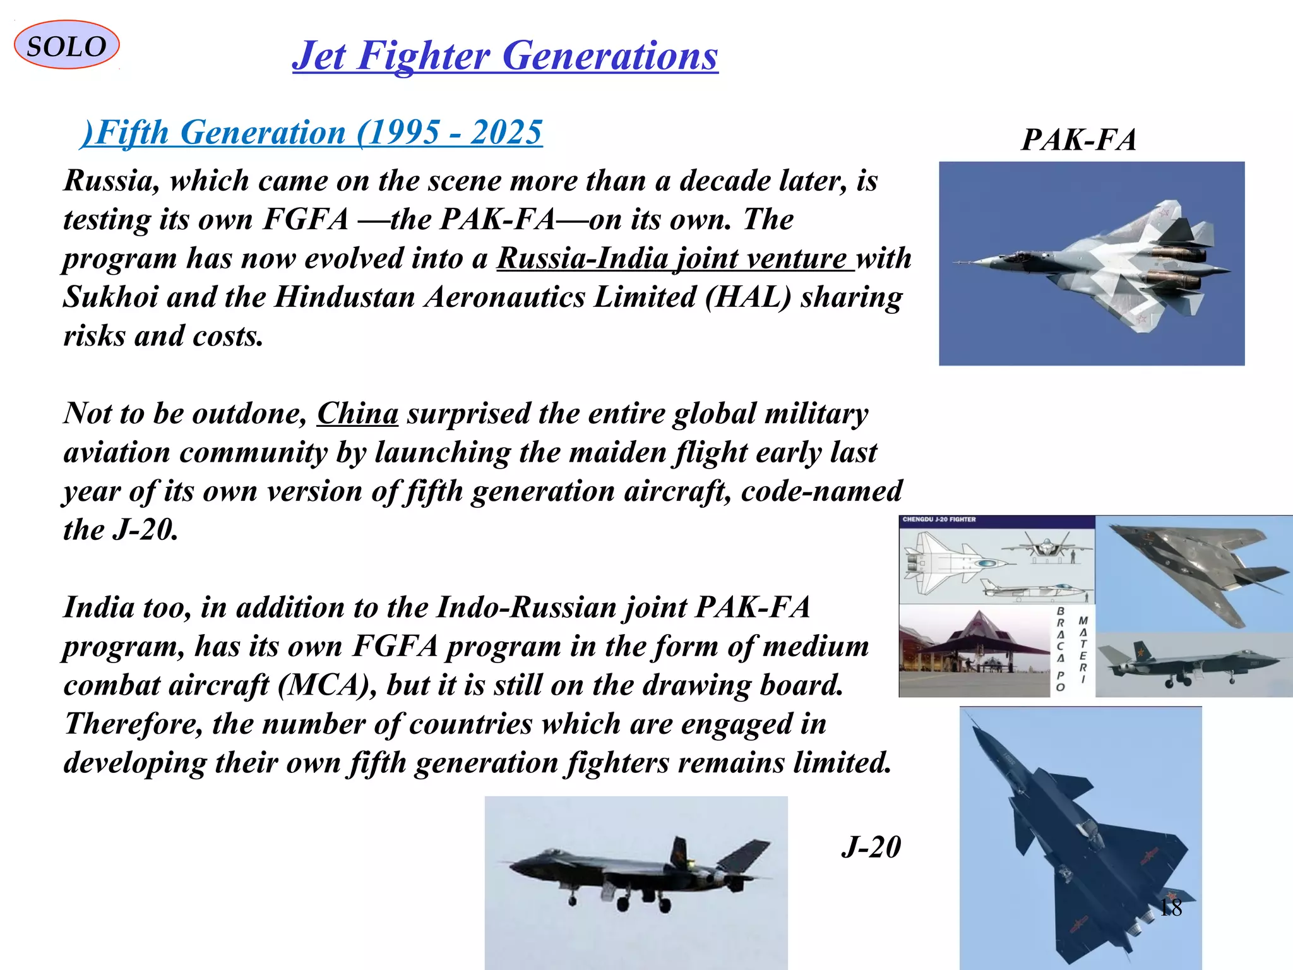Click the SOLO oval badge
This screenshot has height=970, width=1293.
pyautogui.click(x=66, y=45)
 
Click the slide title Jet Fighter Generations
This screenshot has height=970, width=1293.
pyautogui.click(x=505, y=56)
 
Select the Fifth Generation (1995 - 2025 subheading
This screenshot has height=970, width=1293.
pyautogui.click(x=312, y=133)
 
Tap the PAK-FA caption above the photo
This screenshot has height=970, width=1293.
pyautogui.click(x=1078, y=140)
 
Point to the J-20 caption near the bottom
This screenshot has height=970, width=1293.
pyautogui.click(x=871, y=847)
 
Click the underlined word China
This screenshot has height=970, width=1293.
pyautogui.click(x=357, y=414)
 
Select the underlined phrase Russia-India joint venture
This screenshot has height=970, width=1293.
pyautogui.click(x=674, y=258)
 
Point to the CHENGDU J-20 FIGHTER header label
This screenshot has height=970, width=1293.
pyautogui.click(x=939, y=520)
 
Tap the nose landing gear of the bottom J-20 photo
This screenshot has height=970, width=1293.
pyautogui.click(x=573, y=899)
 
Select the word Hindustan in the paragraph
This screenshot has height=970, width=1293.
pyautogui.click(x=344, y=297)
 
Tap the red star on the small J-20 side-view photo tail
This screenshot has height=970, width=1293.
pyautogui.click(x=1140, y=650)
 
